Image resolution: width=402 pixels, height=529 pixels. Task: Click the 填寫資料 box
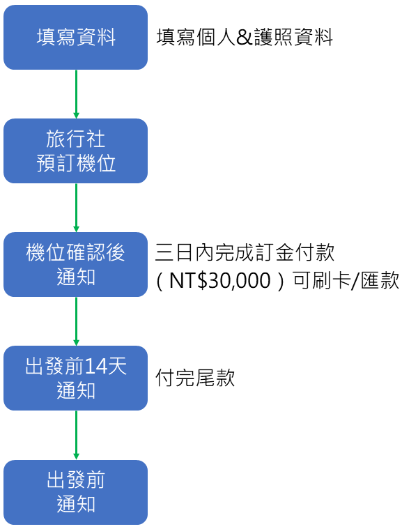pos(75,38)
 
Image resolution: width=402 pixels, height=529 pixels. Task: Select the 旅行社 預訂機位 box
pos(75,151)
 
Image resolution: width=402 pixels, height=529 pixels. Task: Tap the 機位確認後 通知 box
pos(75,264)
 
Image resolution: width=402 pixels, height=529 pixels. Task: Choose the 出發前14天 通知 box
pos(75,378)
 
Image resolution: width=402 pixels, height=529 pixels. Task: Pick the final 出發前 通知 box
pos(75,491)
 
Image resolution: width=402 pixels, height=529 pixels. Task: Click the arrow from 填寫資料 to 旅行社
pos(76,94)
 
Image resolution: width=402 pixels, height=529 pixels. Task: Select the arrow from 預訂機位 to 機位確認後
pos(76,208)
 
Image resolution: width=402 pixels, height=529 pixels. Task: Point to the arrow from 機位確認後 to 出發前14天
pos(76,321)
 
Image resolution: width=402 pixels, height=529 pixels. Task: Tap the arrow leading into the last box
pos(76,435)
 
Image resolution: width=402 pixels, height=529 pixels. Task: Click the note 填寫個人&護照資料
pos(245,38)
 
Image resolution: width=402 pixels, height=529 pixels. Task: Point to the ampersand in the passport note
pos(244,38)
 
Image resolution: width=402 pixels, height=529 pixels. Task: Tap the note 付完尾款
pos(195,378)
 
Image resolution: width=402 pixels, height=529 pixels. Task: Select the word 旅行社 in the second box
pos(75,139)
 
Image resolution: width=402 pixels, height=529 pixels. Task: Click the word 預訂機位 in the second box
pos(75,163)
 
